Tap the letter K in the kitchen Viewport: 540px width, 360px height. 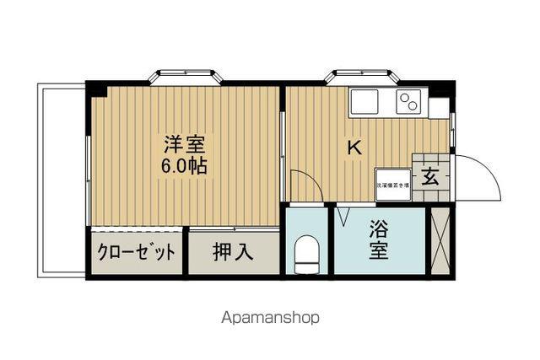355,146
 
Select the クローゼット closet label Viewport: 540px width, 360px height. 137,252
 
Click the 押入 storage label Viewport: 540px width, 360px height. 232,252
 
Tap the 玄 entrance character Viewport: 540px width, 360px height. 430,178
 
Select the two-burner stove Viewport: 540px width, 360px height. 408,102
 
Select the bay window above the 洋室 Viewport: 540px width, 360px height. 186,77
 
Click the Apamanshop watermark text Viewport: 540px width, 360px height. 270,319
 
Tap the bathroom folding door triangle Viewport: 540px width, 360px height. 344,217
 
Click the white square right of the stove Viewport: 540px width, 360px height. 439,108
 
